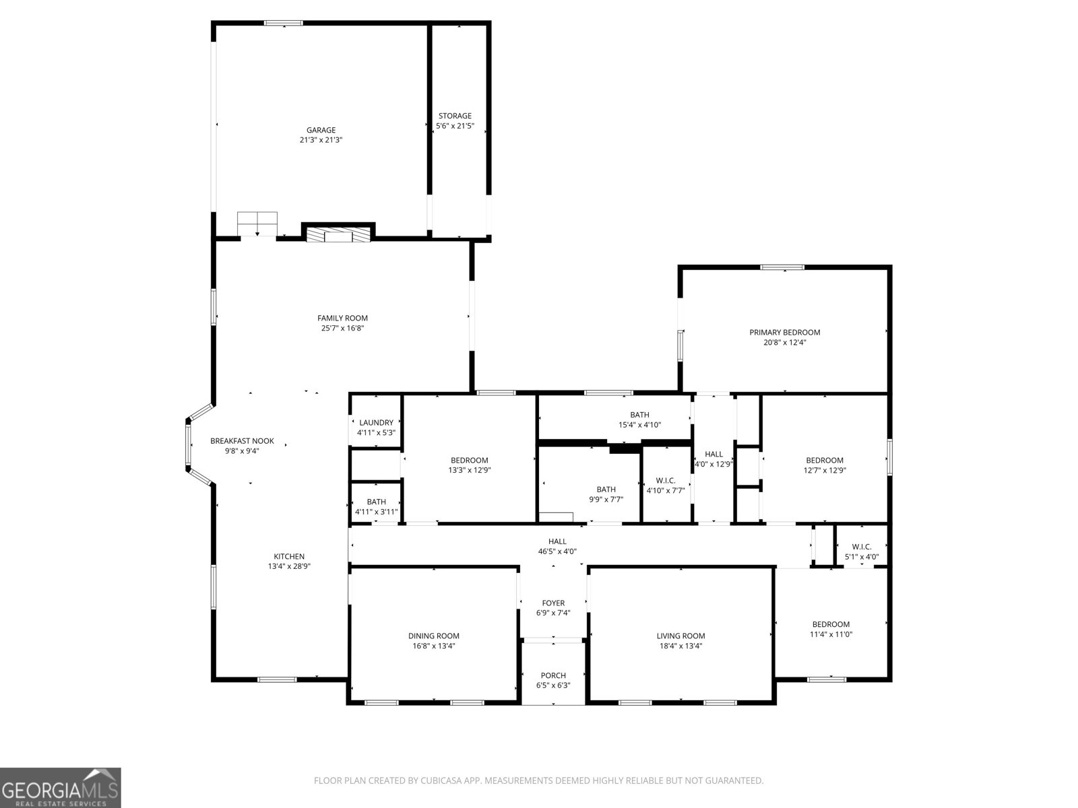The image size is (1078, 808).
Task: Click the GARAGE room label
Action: pos(321,130)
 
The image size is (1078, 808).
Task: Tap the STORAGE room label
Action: pos(455,116)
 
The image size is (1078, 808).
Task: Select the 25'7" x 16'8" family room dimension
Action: pos(342,328)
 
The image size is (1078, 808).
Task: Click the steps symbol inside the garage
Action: pos(257,224)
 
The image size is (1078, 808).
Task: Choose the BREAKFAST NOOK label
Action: pos(242,441)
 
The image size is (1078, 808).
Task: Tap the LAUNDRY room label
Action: pos(376,422)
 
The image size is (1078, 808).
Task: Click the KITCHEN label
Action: pos(289,556)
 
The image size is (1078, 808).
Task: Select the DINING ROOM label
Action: pos(434,636)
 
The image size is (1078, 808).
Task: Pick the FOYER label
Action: pos(553,603)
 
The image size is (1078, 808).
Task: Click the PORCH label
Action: pos(553,675)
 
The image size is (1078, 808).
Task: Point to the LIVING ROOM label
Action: pos(680,636)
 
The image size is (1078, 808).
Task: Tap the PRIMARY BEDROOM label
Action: pos(784,332)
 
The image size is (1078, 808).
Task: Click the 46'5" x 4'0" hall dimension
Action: pos(557,551)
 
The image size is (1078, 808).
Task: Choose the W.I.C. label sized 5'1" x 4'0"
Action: pos(862,551)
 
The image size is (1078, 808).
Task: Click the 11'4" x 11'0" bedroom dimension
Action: pos(831,634)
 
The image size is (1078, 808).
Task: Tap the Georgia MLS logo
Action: pos(61,788)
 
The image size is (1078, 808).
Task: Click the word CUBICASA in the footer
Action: pos(440,780)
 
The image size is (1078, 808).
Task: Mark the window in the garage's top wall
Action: pos(284,23)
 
